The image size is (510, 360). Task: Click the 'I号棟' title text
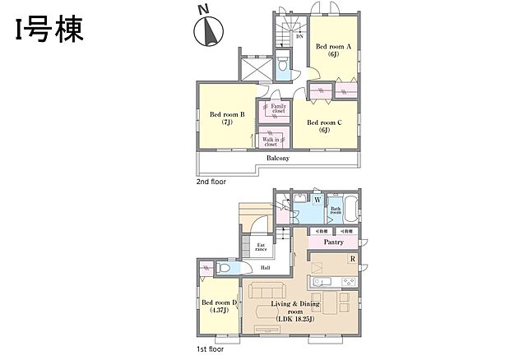click(47, 30)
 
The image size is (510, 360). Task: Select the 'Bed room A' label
click(335, 51)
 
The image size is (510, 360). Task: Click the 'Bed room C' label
click(324, 126)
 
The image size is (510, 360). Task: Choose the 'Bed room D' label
click(220, 306)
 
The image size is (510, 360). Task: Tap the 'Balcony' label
click(276, 158)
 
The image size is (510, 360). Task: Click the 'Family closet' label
click(279, 108)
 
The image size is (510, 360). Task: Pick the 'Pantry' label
click(332, 242)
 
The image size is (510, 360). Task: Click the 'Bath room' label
click(336, 210)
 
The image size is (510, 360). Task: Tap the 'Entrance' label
click(260, 247)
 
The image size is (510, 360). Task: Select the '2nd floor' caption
click(211, 182)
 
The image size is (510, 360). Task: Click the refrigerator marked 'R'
click(352, 261)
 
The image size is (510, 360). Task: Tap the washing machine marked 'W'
click(317, 200)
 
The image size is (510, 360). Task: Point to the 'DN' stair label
click(299, 36)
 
